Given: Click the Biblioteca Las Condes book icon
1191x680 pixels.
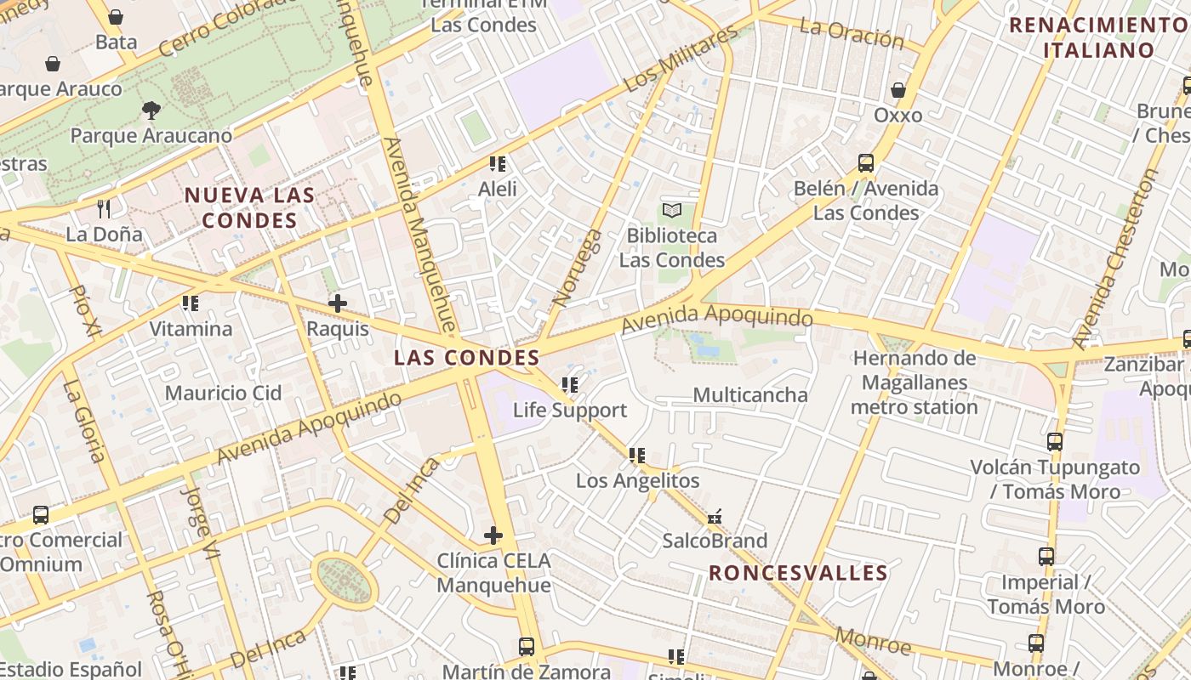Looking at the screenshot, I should [672, 209].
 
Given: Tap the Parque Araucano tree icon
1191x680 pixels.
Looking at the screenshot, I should [151, 110].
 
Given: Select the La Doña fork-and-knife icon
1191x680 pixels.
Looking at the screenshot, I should [104, 208].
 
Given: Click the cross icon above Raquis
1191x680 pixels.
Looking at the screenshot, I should [338, 303].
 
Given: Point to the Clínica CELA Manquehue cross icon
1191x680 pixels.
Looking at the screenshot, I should [493, 535].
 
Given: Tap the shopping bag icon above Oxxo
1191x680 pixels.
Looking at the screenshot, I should [898, 89].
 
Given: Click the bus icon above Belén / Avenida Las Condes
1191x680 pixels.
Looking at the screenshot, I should [866, 162].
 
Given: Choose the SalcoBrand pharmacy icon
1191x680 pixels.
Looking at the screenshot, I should [715, 516].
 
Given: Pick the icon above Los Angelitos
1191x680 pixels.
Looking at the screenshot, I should [637, 456].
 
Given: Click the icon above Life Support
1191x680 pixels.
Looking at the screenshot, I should [570, 385].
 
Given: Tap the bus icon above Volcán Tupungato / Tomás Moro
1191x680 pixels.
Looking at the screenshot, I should [1055, 441].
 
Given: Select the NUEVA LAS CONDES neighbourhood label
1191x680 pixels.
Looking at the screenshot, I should [250, 207].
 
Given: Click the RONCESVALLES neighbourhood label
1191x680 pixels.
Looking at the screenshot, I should [798, 573].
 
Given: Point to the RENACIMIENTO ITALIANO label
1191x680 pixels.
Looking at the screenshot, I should [1097, 37].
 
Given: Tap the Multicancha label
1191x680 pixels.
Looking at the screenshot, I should [750, 394].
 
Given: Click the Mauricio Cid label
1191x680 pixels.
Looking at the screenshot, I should [223, 393].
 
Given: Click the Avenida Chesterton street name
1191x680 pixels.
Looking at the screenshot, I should [1116, 258].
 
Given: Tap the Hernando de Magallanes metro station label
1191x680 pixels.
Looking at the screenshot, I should [915, 382].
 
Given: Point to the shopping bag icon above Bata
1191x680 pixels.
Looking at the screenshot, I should [116, 17].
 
